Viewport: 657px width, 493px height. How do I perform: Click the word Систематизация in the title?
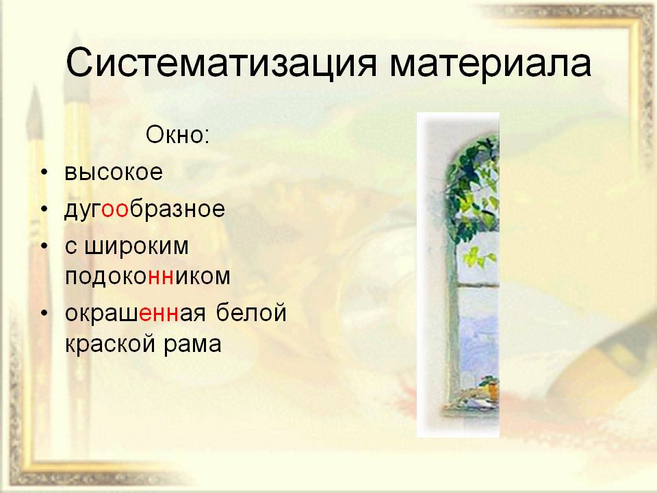click(x=222, y=63)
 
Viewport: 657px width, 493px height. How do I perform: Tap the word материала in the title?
click(x=491, y=64)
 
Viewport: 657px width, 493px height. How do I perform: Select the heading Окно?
click(x=178, y=135)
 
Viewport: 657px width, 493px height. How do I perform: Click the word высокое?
click(x=114, y=173)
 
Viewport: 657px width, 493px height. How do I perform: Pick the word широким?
click(x=137, y=247)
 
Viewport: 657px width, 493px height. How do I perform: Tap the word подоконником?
click(x=148, y=277)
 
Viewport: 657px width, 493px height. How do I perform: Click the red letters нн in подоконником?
click(x=161, y=277)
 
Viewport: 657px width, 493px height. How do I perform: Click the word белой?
click(x=251, y=312)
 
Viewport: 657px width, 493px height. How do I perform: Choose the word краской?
click(x=109, y=344)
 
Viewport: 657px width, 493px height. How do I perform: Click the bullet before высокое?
click(x=45, y=173)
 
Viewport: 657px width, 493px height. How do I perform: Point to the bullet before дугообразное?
click(x=45, y=210)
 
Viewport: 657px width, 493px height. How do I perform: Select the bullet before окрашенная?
click(x=45, y=314)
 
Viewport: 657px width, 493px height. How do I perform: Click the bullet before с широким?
click(x=45, y=246)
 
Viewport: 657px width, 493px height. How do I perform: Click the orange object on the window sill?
click(x=493, y=391)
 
